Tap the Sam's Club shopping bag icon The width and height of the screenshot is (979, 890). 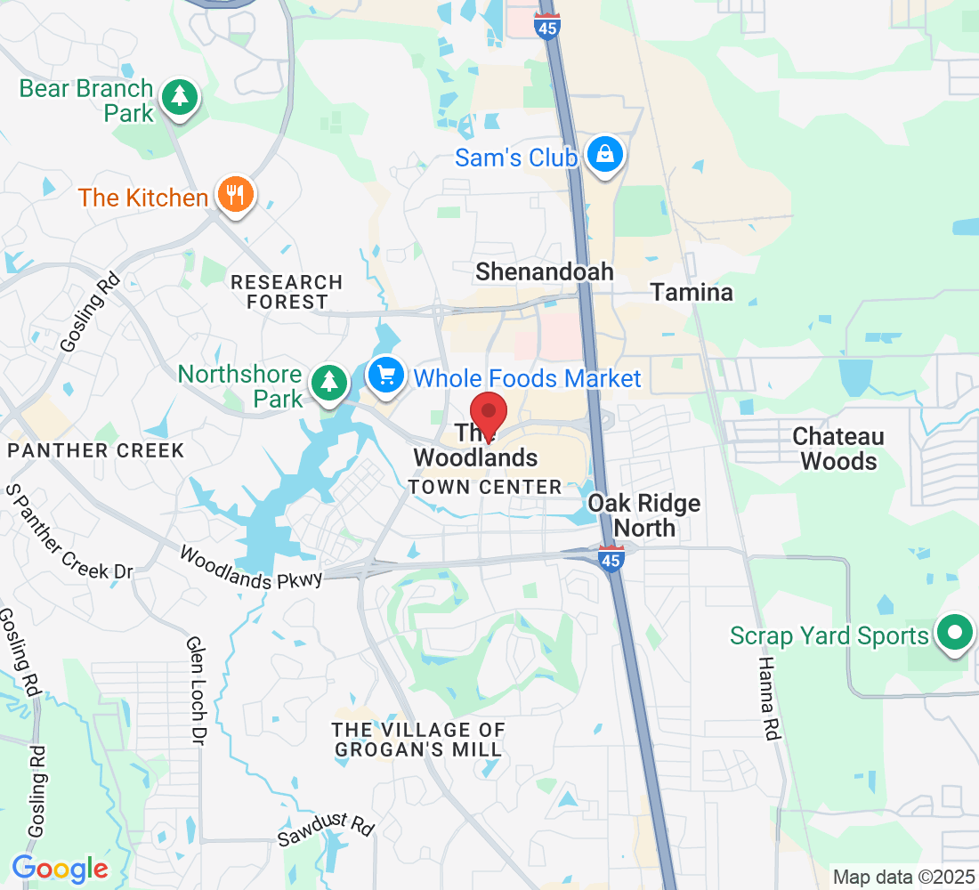(x=605, y=155)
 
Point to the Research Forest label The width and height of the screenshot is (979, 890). (x=286, y=292)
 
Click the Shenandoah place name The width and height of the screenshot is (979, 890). (x=545, y=271)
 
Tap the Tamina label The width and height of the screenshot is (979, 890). (x=692, y=292)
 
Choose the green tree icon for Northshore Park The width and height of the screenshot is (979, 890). (x=329, y=382)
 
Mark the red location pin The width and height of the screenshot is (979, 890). (x=489, y=414)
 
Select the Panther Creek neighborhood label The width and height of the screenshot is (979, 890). (x=95, y=450)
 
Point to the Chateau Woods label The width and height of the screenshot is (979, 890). (x=838, y=449)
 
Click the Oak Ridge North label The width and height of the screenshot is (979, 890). (x=643, y=515)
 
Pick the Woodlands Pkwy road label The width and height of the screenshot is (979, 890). (x=249, y=568)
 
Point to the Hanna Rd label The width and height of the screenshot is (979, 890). (x=768, y=698)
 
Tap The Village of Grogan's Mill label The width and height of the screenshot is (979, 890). (x=418, y=740)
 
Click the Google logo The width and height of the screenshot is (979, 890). (x=60, y=868)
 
